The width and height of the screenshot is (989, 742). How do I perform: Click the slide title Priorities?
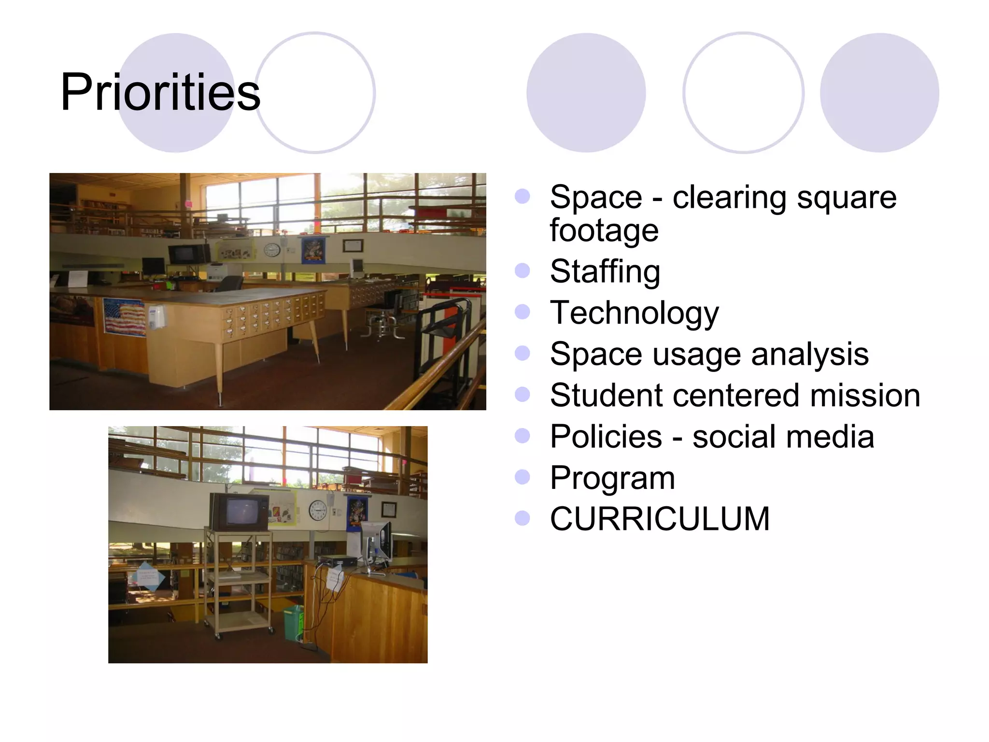click(x=160, y=92)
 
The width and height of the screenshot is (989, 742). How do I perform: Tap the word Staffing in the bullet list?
click(x=605, y=271)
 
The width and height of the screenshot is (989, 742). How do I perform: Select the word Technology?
click(x=634, y=313)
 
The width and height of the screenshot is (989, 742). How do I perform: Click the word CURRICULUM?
click(x=660, y=519)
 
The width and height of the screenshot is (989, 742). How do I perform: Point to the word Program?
click(x=612, y=478)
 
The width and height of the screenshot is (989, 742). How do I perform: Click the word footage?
click(x=604, y=230)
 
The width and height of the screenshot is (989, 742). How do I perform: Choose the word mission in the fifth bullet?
click(x=865, y=396)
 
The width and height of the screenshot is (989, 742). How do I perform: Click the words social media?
click(x=783, y=437)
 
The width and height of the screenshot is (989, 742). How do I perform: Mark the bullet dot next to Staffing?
click(x=522, y=271)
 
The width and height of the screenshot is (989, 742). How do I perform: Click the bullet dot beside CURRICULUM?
click(x=522, y=518)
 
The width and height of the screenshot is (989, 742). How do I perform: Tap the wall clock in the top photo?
click(x=272, y=250)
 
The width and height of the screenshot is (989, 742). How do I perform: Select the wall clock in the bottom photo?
click(x=317, y=511)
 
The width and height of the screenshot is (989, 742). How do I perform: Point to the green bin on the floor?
click(x=293, y=623)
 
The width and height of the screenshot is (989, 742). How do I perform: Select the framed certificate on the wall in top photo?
click(x=353, y=246)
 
